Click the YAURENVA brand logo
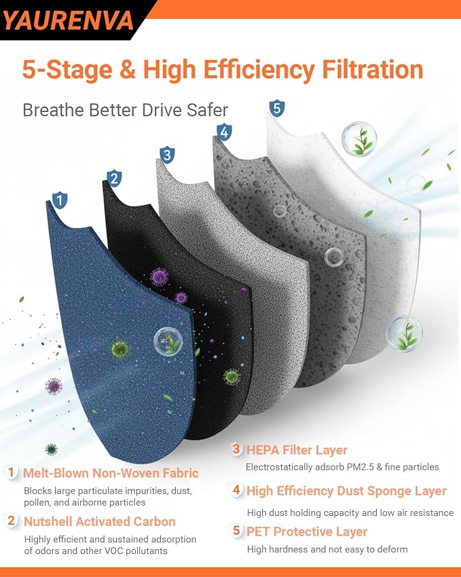[x=69, y=20]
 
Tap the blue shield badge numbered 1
[x=60, y=200]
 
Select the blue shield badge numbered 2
[x=114, y=179]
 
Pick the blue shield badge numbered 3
[x=167, y=155]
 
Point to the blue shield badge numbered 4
[x=224, y=132]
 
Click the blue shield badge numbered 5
[x=277, y=109]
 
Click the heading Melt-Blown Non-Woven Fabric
[x=111, y=473]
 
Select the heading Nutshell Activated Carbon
[x=99, y=521]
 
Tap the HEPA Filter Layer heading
[x=297, y=450]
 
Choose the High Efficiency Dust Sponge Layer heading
[x=346, y=491]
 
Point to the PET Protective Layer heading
[x=307, y=531]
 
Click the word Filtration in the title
[x=373, y=69]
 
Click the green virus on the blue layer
[x=119, y=348]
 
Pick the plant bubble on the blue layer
[x=168, y=342]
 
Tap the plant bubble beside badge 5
[x=358, y=139]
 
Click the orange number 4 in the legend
[x=236, y=489]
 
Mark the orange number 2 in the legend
[x=12, y=521]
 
